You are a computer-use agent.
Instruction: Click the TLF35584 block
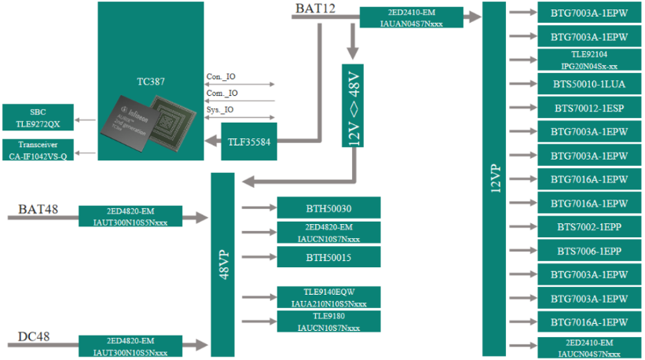coord(249,141)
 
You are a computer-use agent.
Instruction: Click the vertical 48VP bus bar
coord(223,264)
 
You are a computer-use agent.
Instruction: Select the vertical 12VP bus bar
coord(495,179)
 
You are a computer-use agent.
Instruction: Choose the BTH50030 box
coord(328,208)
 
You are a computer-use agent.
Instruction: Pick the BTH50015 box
coord(328,257)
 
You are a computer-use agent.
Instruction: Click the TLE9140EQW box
coord(328,297)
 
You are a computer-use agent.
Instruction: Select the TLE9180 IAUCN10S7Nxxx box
coord(328,321)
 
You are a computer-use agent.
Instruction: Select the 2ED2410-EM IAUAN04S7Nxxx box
coord(411,17)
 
